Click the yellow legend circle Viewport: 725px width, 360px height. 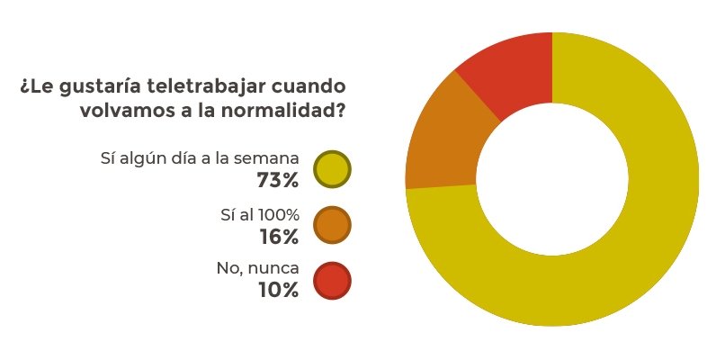(332, 169)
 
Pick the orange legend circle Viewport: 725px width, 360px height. (332, 225)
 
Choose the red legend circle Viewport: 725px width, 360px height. (332, 281)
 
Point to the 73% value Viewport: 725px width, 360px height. (277, 181)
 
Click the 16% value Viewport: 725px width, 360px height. (278, 237)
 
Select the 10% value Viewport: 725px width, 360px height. (278, 290)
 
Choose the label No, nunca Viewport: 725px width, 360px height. (257, 269)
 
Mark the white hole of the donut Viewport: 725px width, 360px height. (551, 179)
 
